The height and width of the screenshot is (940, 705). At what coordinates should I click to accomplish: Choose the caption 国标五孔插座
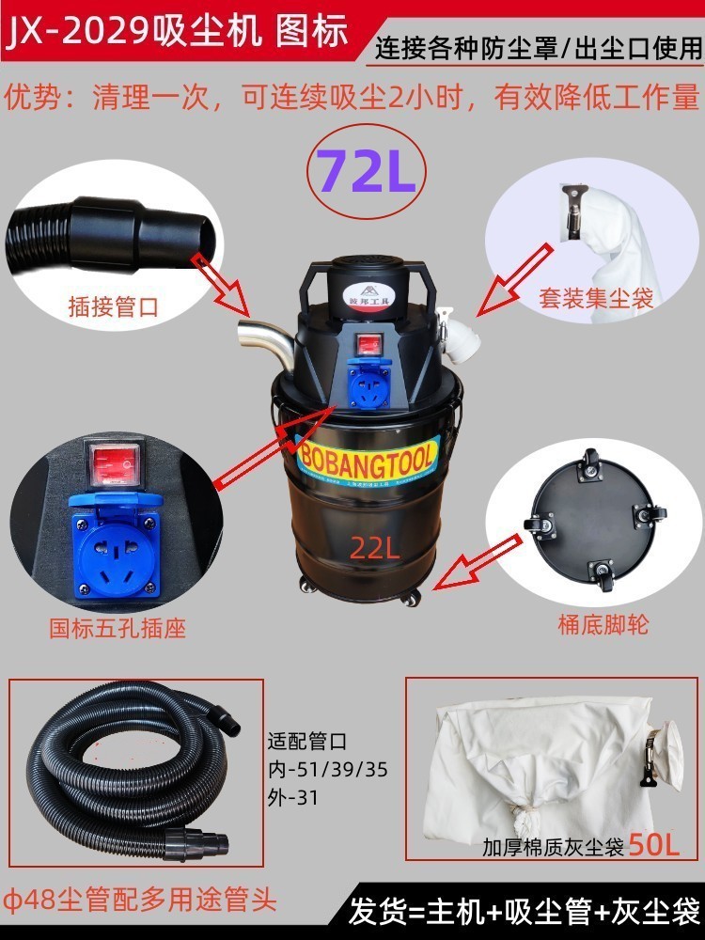(117, 628)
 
